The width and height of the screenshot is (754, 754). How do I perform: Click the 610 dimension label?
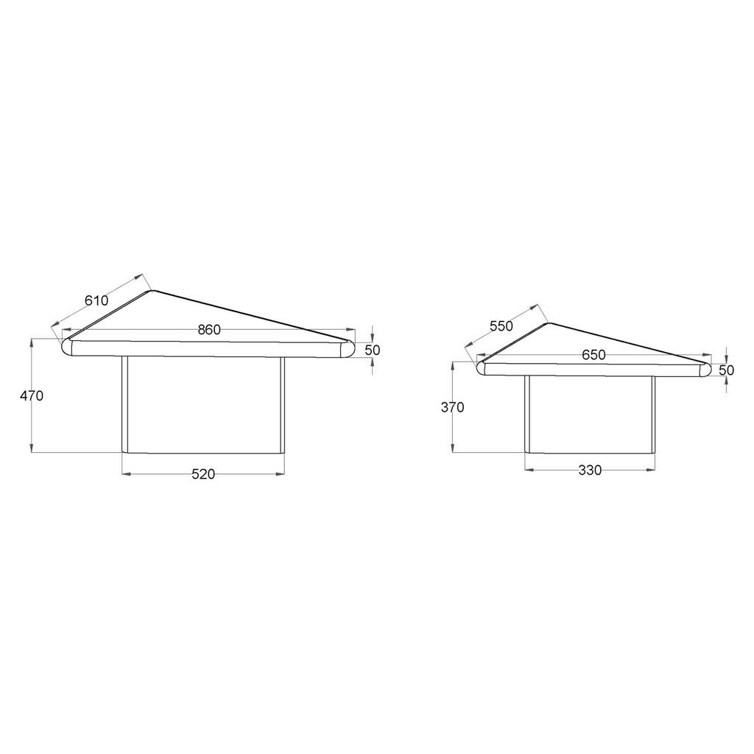pos(96,300)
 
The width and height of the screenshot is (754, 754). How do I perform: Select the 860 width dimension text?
pos(209,330)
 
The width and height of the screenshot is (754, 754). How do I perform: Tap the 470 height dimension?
pos(32,395)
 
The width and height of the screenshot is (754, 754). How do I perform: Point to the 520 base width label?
pos(203,474)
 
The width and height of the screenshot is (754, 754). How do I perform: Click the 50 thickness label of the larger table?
pos(372,350)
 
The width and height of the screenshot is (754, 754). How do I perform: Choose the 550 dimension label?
pos(501,326)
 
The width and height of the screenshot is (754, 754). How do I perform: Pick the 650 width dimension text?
pos(593,355)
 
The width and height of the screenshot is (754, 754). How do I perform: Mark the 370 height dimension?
pos(453,407)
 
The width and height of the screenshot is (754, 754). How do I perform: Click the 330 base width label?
pos(590,470)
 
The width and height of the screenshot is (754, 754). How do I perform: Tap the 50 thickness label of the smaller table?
pos(727,370)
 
